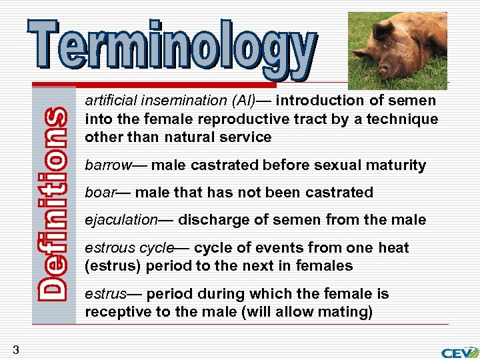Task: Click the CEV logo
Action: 459,351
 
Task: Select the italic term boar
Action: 98,193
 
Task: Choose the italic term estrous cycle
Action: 129,248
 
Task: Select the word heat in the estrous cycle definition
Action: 393,248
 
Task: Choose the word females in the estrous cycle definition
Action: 327,266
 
